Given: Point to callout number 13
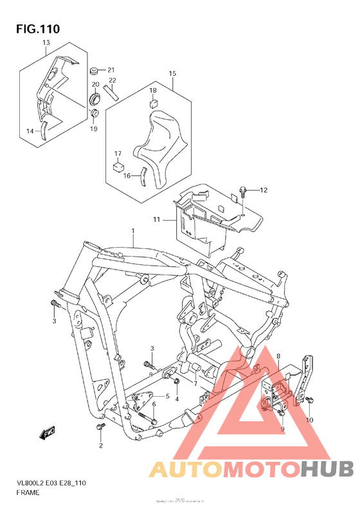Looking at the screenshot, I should tap(46, 43).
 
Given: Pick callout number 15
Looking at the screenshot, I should tap(172, 74).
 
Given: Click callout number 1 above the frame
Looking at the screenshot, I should tap(133, 230).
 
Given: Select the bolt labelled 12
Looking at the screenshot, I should tap(243, 190).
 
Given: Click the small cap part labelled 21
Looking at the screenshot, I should tap(94, 69).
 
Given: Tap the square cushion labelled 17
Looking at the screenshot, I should tap(118, 166).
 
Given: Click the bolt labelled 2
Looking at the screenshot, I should tap(99, 426).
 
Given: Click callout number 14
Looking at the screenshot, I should tap(30, 131).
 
